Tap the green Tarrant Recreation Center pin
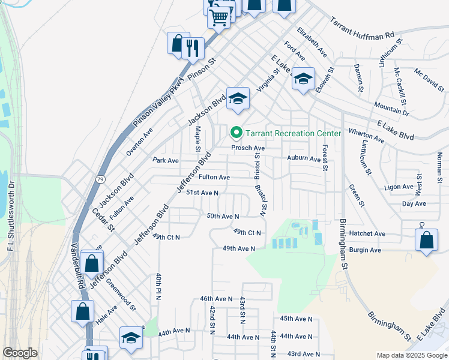click(237, 133)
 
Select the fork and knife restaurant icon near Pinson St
click(192, 47)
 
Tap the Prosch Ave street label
click(248, 148)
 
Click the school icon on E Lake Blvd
click(304, 79)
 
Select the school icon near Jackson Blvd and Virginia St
click(238, 98)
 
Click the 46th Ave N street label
click(216, 298)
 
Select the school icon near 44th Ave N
click(130, 338)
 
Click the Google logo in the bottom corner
click(20, 353)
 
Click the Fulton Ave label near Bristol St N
click(214, 178)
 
